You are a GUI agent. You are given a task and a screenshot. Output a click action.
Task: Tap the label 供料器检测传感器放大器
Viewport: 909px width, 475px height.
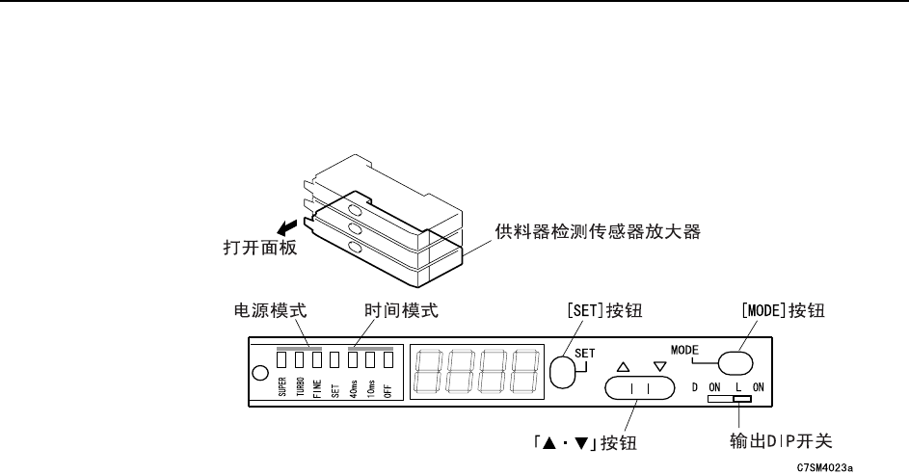597,231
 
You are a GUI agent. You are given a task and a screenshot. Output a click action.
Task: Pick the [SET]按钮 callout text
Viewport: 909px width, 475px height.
602,311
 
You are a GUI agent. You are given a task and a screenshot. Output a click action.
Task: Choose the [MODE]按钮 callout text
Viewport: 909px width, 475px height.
783,311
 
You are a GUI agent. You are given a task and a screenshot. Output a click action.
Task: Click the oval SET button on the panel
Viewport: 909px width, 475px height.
562,370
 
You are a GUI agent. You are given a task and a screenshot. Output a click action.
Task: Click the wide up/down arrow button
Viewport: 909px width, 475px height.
636,388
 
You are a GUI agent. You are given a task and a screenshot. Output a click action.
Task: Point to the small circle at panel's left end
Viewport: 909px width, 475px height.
259,374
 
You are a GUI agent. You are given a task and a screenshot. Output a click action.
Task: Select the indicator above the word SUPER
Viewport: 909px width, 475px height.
282,360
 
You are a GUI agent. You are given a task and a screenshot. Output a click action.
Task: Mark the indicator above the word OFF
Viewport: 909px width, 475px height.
388,360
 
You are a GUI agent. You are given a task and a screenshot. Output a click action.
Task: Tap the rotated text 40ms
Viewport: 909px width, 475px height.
354,386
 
